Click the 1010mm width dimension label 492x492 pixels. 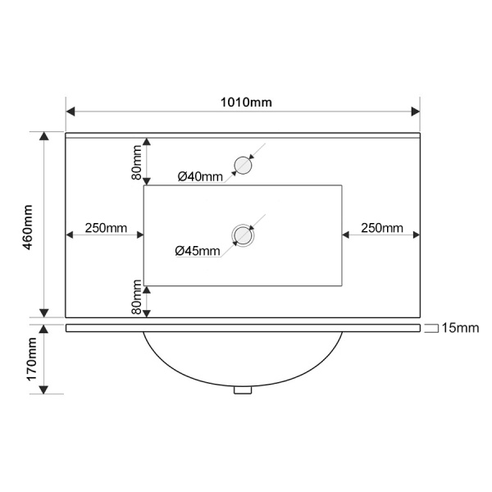(246, 102)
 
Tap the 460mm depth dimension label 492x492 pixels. (28, 227)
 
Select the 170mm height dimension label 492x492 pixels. (32, 359)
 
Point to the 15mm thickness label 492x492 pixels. (460, 328)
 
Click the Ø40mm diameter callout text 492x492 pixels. (200, 176)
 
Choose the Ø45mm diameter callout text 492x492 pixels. (198, 251)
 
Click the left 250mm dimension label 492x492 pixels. (106, 228)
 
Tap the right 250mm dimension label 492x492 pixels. (382, 228)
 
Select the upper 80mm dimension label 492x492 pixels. (136, 162)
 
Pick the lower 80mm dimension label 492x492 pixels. (136, 297)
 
